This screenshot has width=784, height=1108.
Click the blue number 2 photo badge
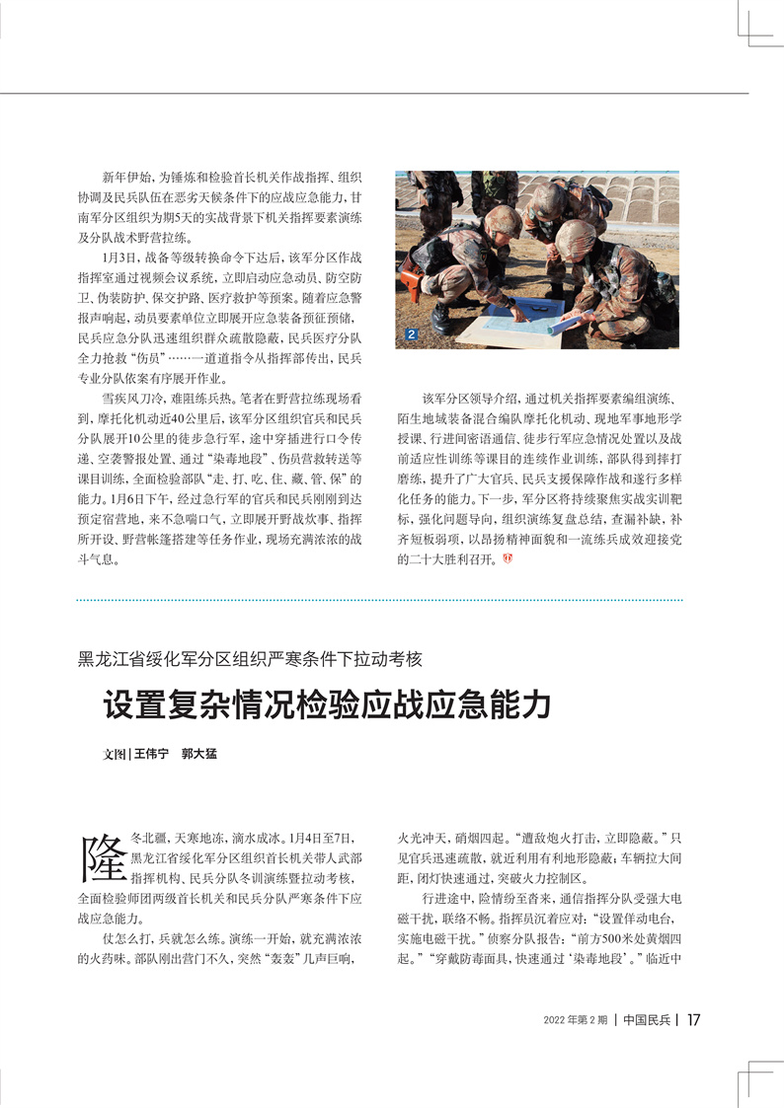(412, 336)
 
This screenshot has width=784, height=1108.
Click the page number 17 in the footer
(694, 1020)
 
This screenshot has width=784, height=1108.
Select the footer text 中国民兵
(648, 1020)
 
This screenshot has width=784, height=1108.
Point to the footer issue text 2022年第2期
(576, 1020)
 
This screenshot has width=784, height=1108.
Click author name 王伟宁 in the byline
(152, 753)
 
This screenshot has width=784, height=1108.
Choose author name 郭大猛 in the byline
(198, 753)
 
